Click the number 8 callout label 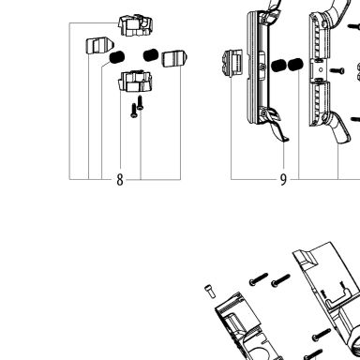[120, 180]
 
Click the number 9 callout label [283, 180]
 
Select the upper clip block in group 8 [135, 25]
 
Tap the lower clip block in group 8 [135, 82]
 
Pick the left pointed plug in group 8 [99, 46]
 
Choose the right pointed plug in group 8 [174, 58]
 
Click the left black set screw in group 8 [117, 57]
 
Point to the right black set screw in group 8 [151, 55]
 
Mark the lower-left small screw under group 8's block [134, 111]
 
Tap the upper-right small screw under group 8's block [141, 103]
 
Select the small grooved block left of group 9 [232, 63]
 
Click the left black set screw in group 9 [278, 66]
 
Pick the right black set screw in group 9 [295, 65]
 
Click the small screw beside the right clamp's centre [337, 70]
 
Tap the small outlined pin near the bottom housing [210, 292]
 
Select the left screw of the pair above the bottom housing [259, 279]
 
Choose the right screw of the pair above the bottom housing [280, 280]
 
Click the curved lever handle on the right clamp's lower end [339, 128]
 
